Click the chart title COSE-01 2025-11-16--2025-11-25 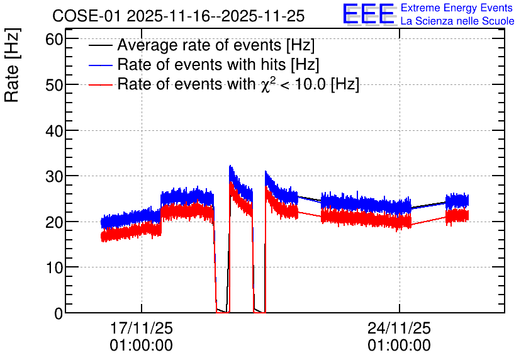coord(178,16)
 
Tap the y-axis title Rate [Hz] coord(12,65)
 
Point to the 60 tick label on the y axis coord(54,39)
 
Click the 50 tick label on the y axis coord(54,85)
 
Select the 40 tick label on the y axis coord(54,130)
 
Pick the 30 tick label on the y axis coord(54,176)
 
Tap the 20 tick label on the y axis coord(54,222)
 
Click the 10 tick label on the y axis coord(54,267)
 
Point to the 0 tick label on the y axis coord(59,313)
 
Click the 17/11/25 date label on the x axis coord(141,328)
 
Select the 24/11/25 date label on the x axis coord(399,328)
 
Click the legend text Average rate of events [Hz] coord(216,45)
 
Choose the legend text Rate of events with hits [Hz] coord(218,64)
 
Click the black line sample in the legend coord(100,45)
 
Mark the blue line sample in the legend coord(100,65)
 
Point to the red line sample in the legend coord(100,84)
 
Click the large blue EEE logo coord(368,14)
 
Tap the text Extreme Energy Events coord(457,8)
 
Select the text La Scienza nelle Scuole coord(457,21)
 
